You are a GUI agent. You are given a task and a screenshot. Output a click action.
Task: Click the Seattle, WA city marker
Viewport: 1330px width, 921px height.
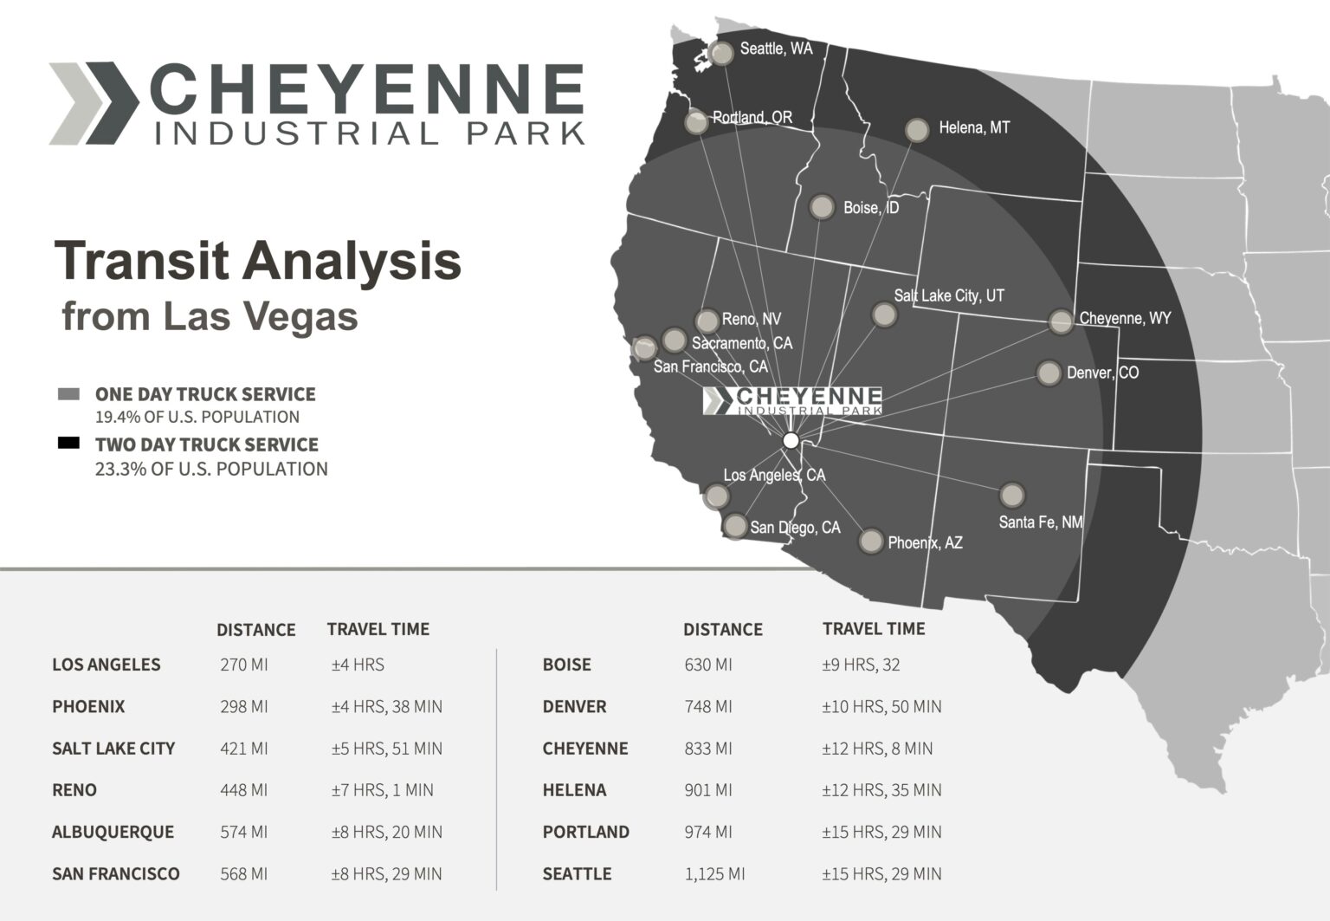721,53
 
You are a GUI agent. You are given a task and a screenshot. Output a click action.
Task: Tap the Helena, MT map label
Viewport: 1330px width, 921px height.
974,128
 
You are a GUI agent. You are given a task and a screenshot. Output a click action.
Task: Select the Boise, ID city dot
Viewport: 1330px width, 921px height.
821,208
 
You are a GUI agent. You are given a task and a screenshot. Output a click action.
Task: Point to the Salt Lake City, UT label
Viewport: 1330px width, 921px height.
949,295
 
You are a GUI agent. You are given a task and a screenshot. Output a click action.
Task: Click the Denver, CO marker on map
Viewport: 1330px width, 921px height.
1049,373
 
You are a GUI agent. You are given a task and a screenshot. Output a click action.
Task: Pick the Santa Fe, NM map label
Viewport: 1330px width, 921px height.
1040,522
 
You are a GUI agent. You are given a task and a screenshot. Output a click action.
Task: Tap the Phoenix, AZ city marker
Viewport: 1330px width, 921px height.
870,541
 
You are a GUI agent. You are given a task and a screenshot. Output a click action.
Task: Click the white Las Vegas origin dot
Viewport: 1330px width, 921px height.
791,440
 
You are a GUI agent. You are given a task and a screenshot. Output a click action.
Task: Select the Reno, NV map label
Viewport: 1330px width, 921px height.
751,320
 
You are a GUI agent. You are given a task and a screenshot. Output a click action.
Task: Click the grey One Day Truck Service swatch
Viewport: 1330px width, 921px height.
68,394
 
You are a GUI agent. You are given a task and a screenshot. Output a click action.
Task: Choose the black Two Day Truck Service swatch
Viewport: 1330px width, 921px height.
68,444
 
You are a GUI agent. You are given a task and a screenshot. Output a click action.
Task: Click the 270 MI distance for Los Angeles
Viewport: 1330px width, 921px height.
244,665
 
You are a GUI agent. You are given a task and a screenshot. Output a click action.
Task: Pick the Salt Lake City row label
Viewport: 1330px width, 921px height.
113,748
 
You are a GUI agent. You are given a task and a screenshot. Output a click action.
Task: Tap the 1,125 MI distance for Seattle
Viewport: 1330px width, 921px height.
714,873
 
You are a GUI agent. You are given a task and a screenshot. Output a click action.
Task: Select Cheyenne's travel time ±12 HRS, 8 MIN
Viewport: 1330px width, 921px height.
877,748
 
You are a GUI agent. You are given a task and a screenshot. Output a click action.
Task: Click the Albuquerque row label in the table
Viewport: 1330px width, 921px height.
113,832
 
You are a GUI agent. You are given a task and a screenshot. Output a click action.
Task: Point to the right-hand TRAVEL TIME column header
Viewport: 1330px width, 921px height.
874,629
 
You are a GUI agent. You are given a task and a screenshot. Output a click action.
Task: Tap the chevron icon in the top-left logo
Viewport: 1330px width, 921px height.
94,103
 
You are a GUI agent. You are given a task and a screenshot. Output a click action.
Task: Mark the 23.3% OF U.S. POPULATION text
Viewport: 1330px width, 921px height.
211,469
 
